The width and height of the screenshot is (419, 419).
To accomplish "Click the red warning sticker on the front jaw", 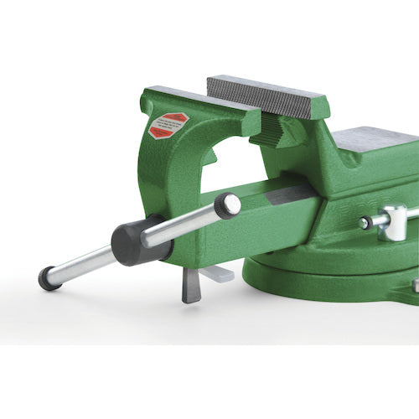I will pyautogui.click(x=168, y=125).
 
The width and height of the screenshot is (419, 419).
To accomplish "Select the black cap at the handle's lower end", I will pyautogui.click(x=49, y=278).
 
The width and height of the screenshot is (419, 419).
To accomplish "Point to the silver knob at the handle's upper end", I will pyautogui.click(x=228, y=205).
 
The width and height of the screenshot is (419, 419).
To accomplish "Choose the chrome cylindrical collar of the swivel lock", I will pyautogui.click(x=391, y=222).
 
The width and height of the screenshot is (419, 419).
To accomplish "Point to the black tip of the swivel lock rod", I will pyautogui.click(x=365, y=223).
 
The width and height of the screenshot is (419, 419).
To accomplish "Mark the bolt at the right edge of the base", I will pyautogui.click(x=415, y=286).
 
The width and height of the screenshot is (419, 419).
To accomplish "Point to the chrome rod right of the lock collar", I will pyautogui.click(x=411, y=215).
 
